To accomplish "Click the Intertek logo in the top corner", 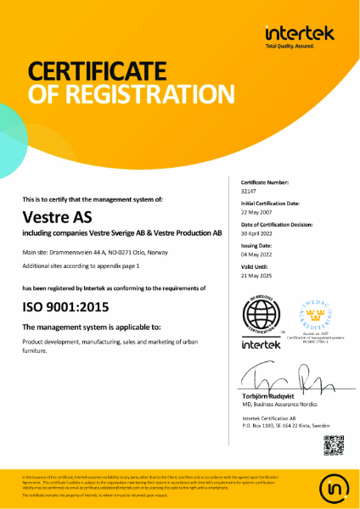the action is click(300, 35).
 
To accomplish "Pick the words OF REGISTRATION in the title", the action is click(132, 92).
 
